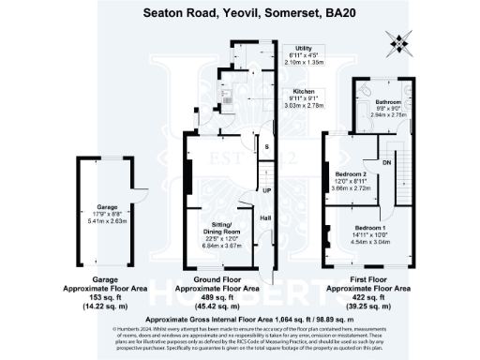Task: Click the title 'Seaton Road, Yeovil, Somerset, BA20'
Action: tap(239, 13)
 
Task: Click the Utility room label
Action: tap(303, 48)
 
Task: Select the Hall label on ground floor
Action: tap(266, 217)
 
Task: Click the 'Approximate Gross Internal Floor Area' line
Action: tap(239, 320)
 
